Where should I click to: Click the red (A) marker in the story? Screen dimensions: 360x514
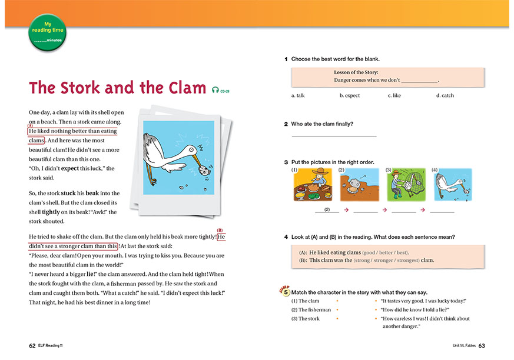coord(30,126)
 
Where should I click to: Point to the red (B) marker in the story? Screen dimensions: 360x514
coord(220,230)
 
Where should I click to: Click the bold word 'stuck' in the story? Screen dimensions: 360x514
coord(68,193)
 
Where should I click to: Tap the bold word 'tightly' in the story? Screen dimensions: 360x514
coord(51,212)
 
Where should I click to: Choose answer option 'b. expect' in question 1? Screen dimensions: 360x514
coord(350,95)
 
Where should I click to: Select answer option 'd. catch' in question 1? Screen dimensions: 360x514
coord(445,95)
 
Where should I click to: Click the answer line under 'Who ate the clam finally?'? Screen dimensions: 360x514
coord(334,136)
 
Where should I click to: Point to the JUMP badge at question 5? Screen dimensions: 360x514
coord(284,291)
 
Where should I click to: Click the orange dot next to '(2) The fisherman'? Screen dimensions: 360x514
coord(337,310)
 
